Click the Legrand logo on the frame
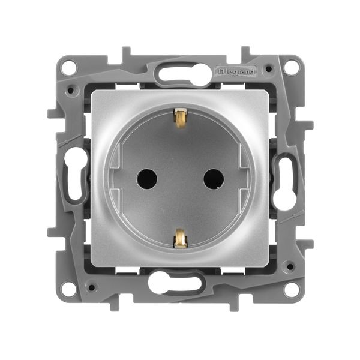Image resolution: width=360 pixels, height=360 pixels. click(x=236, y=71)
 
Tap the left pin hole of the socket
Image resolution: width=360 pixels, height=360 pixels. click(x=147, y=179)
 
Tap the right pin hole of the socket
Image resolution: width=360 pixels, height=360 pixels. click(x=214, y=179)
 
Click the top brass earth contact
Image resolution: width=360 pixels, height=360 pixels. click(x=180, y=118)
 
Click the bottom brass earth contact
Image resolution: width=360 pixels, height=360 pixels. click(x=180, y=239)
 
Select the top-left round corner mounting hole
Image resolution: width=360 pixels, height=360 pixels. click(x=69, y=67)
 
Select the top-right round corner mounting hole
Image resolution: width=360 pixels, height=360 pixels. click(x=291, y=67)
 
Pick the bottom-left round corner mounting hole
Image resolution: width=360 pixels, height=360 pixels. click(x=69, y=290)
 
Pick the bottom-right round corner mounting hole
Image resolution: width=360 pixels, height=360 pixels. click(x=291, y=290)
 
